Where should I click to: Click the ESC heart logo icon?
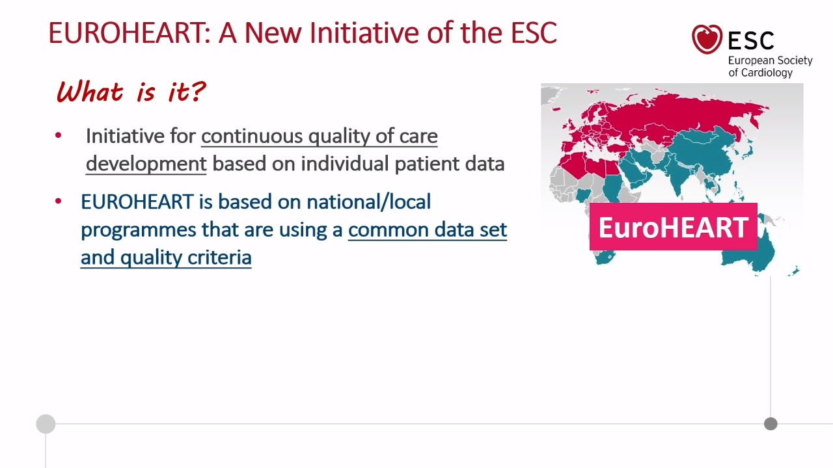[x=707, y=39]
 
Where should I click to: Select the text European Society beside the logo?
[x=770, y=60]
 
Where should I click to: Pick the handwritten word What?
[x=90, y=92]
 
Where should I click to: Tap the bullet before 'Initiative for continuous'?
[x=58, y=135]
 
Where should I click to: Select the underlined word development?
[x=146, y=164]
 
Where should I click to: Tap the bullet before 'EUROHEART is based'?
[x=58, y=201]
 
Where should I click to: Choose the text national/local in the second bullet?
[x=369, y=201]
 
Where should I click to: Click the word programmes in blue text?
[x=139, y=230]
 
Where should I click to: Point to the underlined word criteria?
[x=219, y=257]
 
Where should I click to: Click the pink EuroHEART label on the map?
[x=674, y=227]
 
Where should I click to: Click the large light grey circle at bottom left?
[x=46, y=424]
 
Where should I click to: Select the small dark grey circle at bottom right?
[x=771, y=424]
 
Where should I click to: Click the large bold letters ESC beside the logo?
[x=751, y=40]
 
